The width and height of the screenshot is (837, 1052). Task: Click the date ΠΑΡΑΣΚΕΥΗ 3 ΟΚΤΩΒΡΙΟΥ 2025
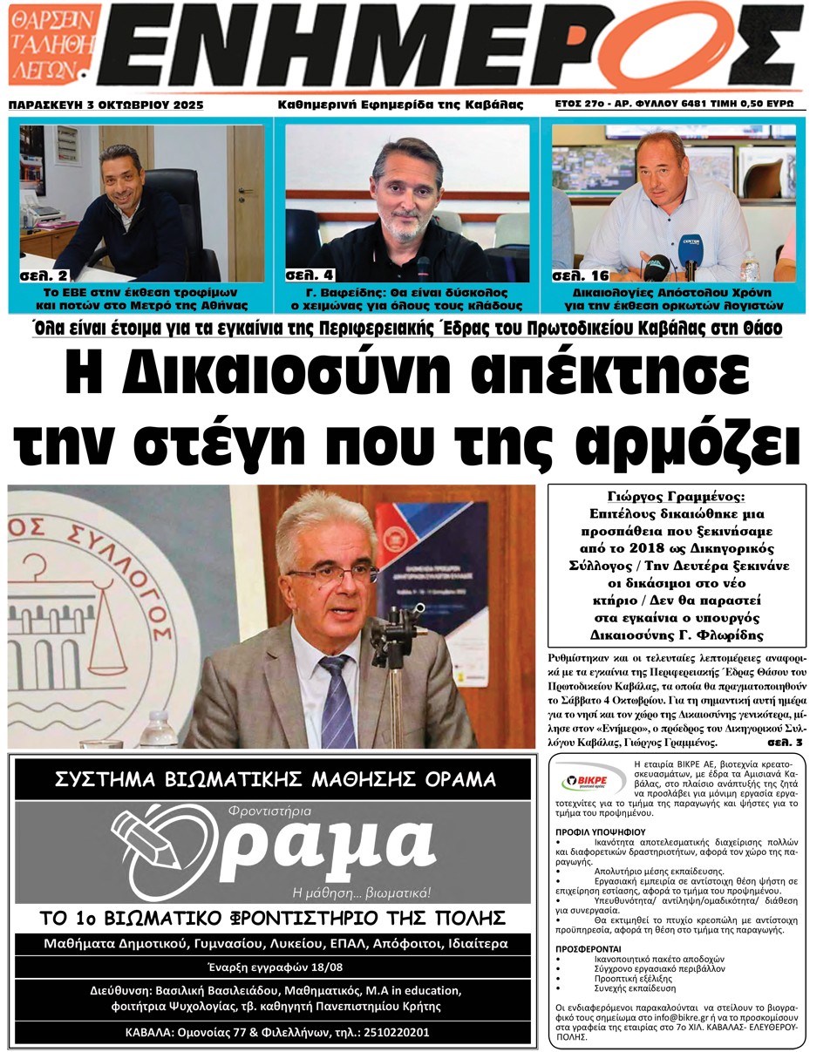point(105,105)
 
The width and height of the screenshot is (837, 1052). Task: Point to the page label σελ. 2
point(44,275)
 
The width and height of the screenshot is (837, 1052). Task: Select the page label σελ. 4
point(310,275)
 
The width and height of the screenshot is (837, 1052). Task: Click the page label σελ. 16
point(579,275)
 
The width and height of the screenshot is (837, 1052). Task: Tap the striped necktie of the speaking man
point(334,697)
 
